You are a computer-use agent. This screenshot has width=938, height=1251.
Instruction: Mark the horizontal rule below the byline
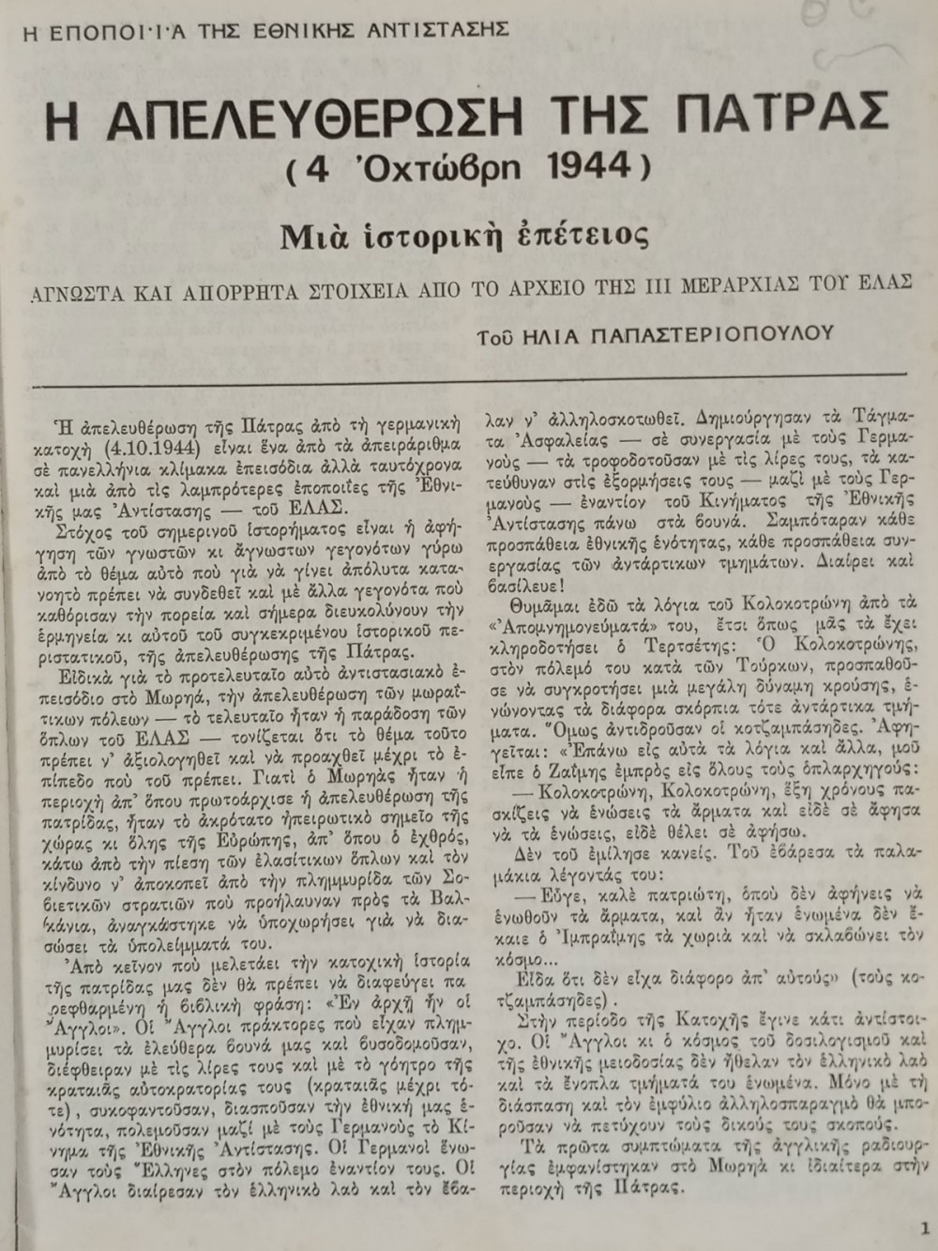click(x=469, y=377)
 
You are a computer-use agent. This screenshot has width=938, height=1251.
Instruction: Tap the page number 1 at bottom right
click(x=924, y=1226)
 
